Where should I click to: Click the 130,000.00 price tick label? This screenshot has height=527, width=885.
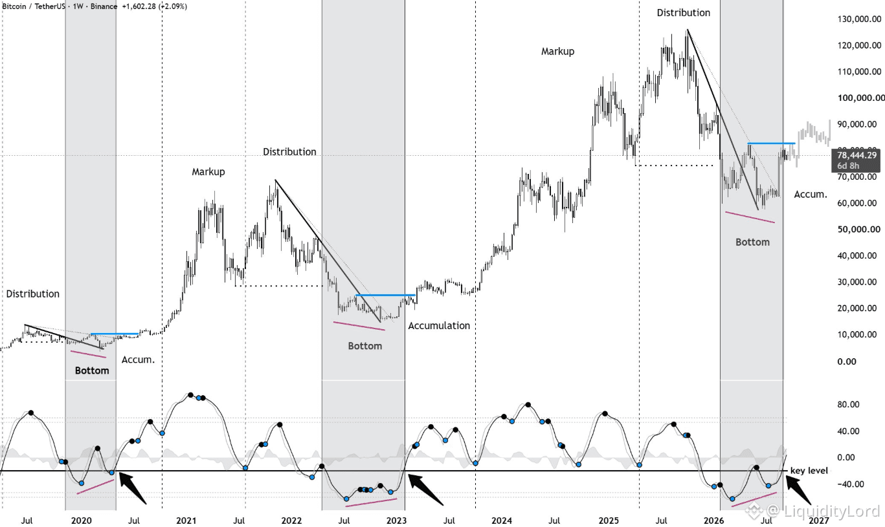pyautogui.click(x=859, y=19)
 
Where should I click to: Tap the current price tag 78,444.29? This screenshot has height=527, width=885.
pyautogui.click(x=857, y=155)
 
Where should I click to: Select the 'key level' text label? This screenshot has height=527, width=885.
pyautogui.click(x=809, y=471)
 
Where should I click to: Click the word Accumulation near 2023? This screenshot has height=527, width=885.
pyautogui.click(x=439, y=326)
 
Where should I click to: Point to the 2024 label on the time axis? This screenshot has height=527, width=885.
pyautogui.click(x=502, y=521)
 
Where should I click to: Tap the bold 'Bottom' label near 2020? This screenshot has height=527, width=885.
pyautogui.click(x=92, y=371)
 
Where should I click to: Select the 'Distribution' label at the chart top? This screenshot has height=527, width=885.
pyautogui.click(x=684, y=13)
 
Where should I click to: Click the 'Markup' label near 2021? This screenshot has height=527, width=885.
pyautogui.click(x=208, y=172)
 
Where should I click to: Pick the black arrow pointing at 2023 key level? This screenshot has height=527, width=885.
pyautogui.click(x=425, y=489)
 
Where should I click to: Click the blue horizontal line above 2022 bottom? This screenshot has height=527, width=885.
pyautogui.click(x=385, y=295)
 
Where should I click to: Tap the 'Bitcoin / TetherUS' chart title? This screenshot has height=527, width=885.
pyautogui.click(x=34, y=6)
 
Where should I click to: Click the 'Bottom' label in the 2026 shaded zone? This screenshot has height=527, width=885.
pyautogui.click(x=753, y=242)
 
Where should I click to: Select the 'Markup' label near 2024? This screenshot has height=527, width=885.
pyautogui.click(x=558, y=51)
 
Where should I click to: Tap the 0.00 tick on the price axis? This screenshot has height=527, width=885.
pyautogui.click(x=847, y=361)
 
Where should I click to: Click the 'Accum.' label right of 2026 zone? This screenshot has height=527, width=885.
pyautogui.click(x=811, y=194)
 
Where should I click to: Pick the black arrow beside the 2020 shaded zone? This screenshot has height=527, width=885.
pyautogui.click(x=132, y=488)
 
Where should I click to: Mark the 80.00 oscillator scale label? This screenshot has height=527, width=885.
pyautogui.click(x=848, y=404)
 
